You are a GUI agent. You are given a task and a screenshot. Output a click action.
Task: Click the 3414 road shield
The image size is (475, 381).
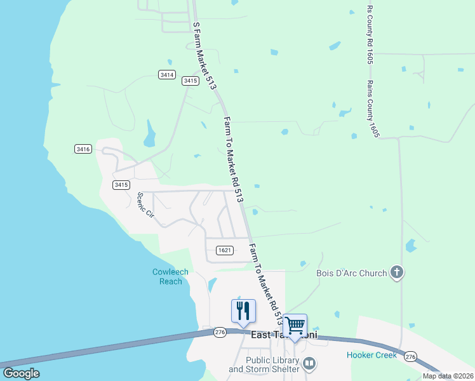point(167,75)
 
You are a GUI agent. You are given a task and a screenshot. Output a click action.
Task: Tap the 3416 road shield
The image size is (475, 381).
point(83,149)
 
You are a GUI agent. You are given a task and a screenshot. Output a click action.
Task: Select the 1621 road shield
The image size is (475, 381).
point(224,250)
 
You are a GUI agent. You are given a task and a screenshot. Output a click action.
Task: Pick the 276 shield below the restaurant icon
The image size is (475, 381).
point(220,332)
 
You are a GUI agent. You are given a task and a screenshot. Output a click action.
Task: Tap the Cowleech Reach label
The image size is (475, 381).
point(170,277)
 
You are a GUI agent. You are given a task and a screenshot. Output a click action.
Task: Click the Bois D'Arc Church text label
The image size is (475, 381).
point(351,274)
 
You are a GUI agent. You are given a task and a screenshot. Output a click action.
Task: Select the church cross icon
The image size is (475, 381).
point(397,273)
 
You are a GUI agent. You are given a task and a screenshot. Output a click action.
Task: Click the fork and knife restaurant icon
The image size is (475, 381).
point(243,311)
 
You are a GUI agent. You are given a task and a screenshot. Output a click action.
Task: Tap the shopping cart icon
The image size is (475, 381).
point(295,325)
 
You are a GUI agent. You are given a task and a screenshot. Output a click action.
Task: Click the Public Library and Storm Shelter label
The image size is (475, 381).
point(264,364)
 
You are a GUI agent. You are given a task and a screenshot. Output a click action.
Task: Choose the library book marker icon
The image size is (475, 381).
point(309,364)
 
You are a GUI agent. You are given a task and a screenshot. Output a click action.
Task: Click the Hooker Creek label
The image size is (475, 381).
point(371,355)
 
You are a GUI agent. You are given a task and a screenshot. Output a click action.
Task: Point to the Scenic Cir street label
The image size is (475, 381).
point(146,204)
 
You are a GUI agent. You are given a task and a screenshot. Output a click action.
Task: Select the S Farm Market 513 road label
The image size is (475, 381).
point(204,54)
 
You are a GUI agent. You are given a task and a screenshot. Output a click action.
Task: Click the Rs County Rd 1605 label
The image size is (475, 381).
point(369,35)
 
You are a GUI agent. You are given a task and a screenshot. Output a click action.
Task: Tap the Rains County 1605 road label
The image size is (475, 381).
point(373,109)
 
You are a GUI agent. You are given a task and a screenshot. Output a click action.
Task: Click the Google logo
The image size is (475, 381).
point(21,373)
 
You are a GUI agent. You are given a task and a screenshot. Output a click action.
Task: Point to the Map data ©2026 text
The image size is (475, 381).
point(447,376)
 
